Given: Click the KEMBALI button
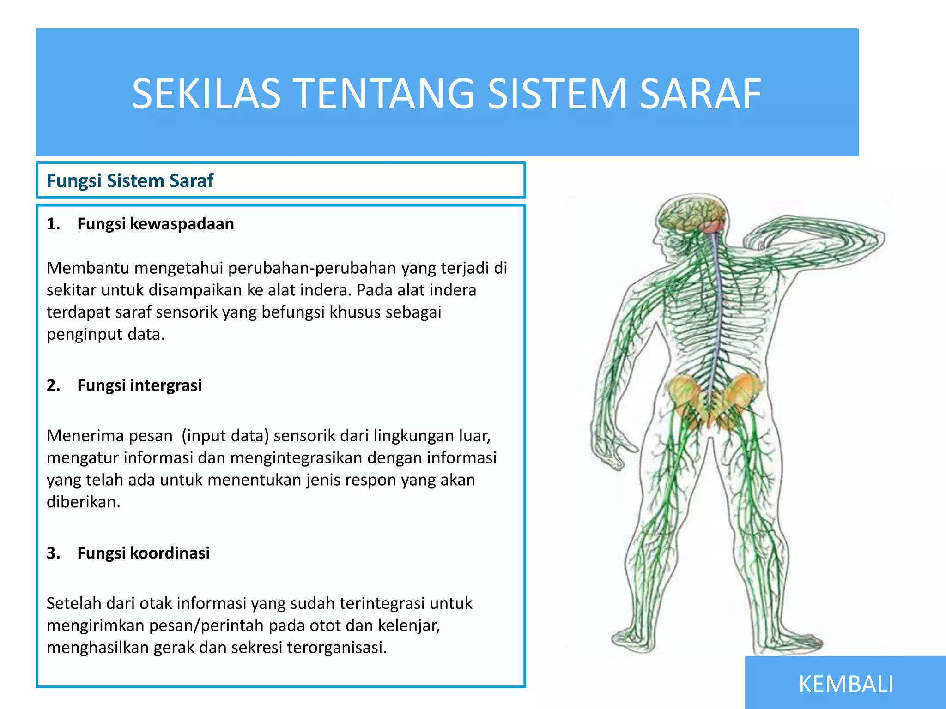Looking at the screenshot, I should pyautogui.click(x=846, y=684).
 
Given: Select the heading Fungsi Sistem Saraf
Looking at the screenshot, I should pyautogui.click(x=130, y=180).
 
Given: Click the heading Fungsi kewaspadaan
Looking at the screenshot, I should pyautogui.click(x=155, y=224).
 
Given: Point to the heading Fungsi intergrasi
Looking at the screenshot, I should pyautogui.click(x=139, y=385).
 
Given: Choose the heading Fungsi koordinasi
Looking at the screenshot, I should pyautogui.click(x=143, y=553).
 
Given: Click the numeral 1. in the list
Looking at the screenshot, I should pyautogui.click(x=53, y=224).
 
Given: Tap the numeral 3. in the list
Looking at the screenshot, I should pyautogui.click(x=53, y=553).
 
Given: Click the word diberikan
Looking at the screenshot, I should pyautogui.click(x=83, y=502).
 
